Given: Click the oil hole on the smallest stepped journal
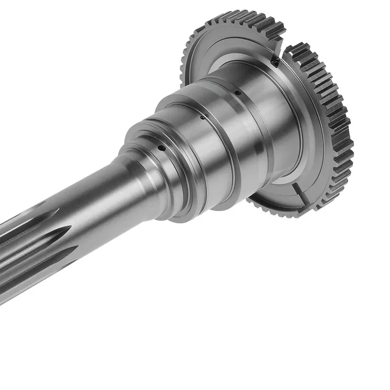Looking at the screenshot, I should [161, 148].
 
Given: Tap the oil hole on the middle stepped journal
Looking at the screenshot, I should [202, 117].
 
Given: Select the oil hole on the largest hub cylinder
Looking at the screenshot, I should [238, 93].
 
